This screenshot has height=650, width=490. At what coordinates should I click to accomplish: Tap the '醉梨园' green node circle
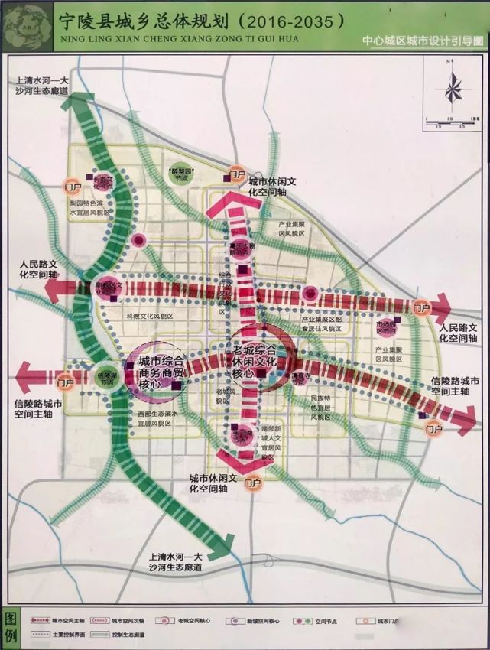183,173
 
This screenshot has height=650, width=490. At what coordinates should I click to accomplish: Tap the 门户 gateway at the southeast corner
433,428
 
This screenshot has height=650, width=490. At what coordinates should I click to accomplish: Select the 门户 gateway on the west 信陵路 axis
65,380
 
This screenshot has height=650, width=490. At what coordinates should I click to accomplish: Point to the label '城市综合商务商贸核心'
160,372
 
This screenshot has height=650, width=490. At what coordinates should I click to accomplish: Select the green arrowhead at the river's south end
224,548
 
